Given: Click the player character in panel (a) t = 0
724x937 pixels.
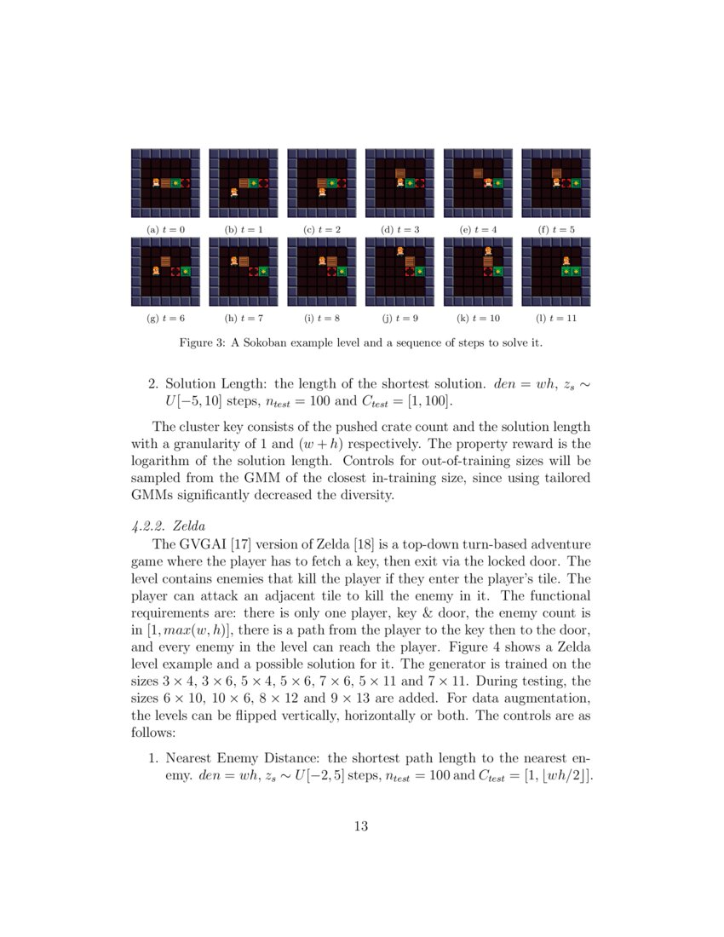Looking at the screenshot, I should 155,182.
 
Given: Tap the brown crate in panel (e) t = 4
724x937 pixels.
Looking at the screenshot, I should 479,173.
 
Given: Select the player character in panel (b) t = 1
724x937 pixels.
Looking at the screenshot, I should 233,192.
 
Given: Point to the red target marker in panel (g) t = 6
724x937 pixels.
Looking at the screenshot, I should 175,271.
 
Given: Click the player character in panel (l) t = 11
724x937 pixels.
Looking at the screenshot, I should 566,261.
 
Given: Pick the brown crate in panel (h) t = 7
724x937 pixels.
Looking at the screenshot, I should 244,261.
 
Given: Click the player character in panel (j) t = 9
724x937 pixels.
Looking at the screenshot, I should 399,250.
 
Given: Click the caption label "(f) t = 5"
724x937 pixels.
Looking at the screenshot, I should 556,230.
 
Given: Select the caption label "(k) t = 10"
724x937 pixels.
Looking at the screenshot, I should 478,318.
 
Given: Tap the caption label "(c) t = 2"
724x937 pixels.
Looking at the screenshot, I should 321,230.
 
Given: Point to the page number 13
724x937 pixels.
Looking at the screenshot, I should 361,825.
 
